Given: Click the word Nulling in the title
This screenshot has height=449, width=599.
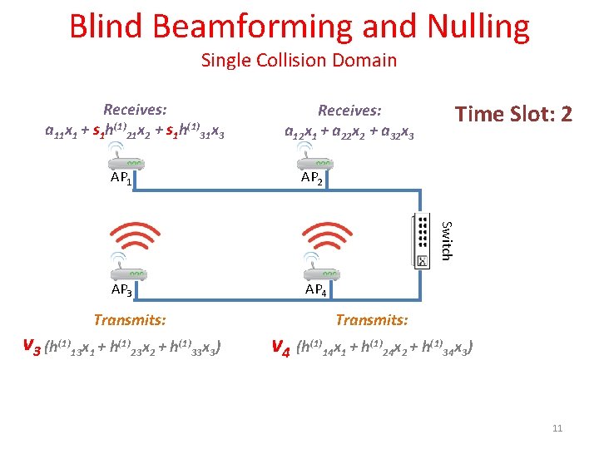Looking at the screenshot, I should click(478, 27).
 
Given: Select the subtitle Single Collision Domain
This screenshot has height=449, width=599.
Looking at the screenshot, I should click(299, 60).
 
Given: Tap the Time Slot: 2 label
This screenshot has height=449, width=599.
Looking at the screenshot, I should click(512, 114).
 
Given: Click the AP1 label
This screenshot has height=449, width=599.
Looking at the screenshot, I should click(121, 178).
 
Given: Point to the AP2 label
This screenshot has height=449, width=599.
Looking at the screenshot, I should click(312, 178).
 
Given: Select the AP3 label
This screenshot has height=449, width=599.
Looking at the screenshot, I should click(121, 290).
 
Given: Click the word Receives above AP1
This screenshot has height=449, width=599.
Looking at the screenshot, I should click(135, 110).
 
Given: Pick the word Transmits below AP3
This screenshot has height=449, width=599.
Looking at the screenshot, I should click(130, 319).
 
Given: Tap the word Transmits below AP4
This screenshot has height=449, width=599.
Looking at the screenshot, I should click(372, 319).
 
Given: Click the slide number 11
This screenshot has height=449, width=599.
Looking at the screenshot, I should click(557, 428).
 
